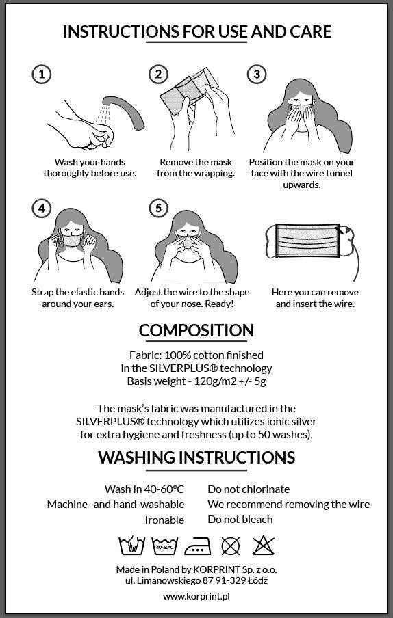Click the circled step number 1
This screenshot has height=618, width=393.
tap(42, 74)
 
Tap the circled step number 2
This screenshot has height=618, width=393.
tap(159, 74)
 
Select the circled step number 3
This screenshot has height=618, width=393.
tap(257, 74)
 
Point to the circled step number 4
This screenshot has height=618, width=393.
tap(42, 208)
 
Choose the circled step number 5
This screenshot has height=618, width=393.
tap(159, 208)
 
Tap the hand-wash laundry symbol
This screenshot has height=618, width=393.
tap(131, 546)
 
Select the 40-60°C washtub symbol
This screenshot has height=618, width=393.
tap(165, 546)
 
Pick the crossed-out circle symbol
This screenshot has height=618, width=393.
tap(231, 546)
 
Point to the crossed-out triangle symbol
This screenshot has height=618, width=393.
tap(263, 546)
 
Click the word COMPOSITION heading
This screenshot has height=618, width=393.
tap(196, 330)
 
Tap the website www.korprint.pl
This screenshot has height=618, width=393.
tap(196, 596)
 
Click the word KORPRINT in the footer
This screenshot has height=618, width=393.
tap(216, 569)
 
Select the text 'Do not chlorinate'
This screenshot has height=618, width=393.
tap(249, 489)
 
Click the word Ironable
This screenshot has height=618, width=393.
tap(164, 520)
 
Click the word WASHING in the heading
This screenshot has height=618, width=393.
tap(136, 457)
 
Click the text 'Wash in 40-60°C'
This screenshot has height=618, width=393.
tap(144, 489)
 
